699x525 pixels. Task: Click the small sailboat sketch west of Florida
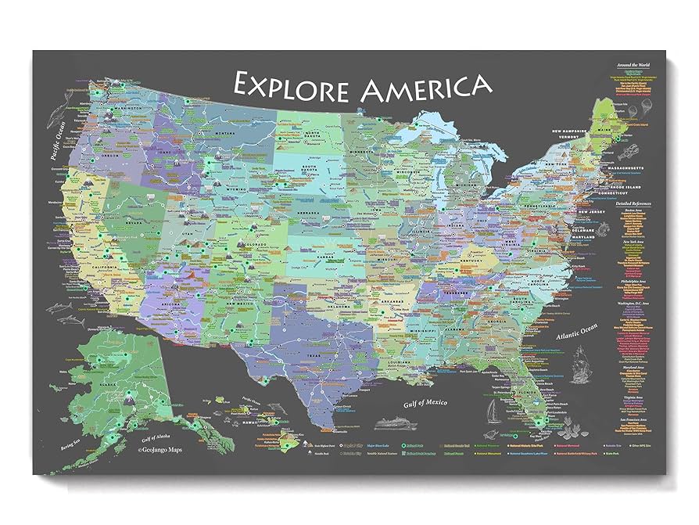click(x=492, y=409)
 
